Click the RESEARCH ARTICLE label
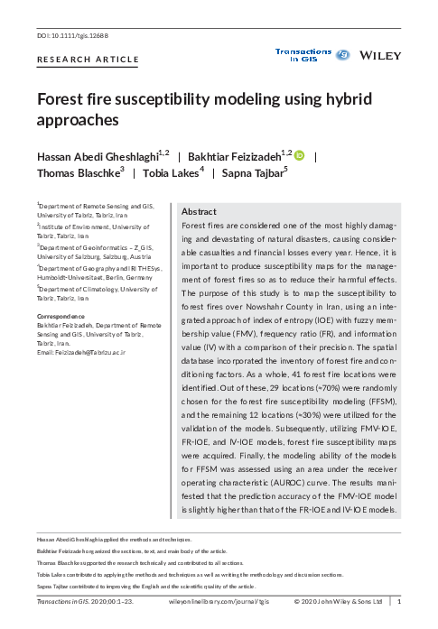click(88, 60)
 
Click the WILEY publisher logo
click(380, 56)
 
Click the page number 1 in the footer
click(398, 600)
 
